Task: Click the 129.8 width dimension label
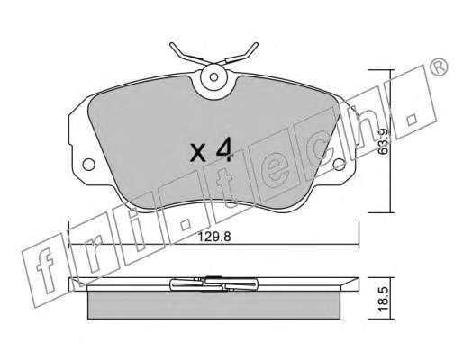point(214,237)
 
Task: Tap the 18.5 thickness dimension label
point(384,299)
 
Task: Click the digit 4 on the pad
point(224,149)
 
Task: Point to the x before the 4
point(198,152)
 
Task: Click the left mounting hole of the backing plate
point(88,165)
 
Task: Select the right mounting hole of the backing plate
point(340,164)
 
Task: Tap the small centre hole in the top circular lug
point(213,77)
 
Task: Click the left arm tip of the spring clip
point(172,45)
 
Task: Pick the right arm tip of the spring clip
point(256,44)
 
